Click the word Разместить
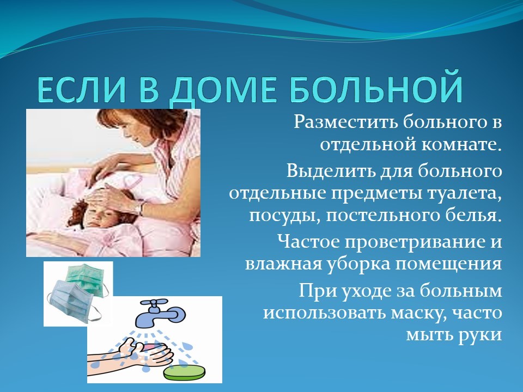(x=346, y=122)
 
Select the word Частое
(x=308, y=241)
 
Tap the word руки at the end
(x=481, y=335)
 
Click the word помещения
(x=448, y=265)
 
